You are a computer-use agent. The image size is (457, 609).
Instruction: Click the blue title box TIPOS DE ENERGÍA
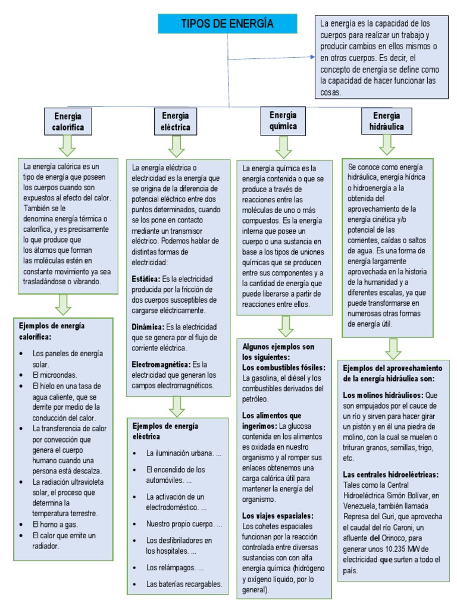[x=227, y=24]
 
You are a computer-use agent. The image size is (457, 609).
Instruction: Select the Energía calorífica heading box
[x=68, y=122]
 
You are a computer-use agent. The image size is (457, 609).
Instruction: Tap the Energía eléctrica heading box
[x=175, y=122]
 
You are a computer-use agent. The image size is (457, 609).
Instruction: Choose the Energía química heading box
[x=283, y=121]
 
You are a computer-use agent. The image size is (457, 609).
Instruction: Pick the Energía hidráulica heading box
[x=387, y=121]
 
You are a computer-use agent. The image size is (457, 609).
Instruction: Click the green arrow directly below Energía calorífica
[x=67, y=145]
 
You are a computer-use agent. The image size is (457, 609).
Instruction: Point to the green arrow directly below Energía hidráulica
[x=387, y=145]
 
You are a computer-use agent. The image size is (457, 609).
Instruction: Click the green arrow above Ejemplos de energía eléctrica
[x=177, y=406]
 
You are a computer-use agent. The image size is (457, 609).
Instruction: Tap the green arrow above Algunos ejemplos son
[x=286, y=326]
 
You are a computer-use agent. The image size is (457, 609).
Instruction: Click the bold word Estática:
[x=146, y=279]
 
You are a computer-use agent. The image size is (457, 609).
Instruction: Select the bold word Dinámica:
[x=148, y=327]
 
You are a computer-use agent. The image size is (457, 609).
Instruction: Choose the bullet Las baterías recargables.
[x=184, y=584]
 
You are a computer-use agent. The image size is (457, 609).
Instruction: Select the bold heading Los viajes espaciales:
[x=278, y=516]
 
